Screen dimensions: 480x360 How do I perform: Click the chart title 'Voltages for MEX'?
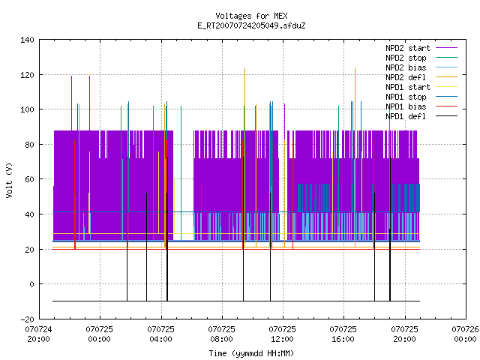point(251,16)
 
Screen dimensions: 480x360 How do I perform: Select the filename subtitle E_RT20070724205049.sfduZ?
point(251,25)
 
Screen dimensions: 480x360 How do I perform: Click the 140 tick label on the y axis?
point(27,40)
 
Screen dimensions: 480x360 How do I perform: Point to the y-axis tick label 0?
point(31,284)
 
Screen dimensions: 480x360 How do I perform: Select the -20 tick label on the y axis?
point(27,319)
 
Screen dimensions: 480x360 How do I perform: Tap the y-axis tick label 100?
point(27,110)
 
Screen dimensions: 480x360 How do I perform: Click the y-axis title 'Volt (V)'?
point(9,180)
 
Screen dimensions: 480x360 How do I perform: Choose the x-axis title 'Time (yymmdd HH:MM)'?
point(251,353)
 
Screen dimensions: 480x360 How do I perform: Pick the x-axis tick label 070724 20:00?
point(38,334)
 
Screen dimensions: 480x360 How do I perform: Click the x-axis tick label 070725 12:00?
point(282,334)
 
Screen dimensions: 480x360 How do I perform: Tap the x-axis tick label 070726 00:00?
point(465,334)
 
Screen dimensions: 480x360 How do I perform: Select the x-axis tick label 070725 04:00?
point(160,334)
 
